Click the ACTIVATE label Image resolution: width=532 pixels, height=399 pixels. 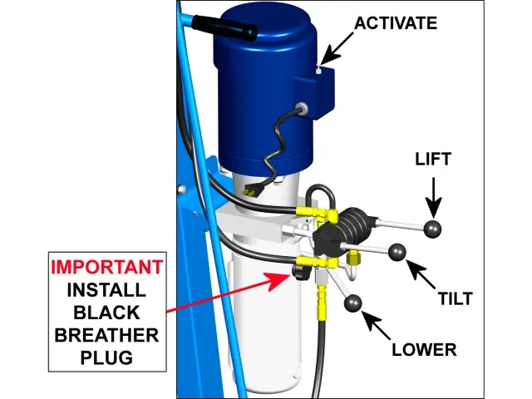(395, 22)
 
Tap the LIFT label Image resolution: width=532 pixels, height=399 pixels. (432, 159)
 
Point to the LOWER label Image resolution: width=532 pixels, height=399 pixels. (425, 349)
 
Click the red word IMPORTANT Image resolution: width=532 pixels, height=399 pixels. (106, 268)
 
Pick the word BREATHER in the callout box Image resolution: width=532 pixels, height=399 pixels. (106, 336)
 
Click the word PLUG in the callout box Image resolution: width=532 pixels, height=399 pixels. (106, 358)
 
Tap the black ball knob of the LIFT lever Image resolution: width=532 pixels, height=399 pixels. (433, 229)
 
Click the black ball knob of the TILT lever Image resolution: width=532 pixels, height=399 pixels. (397, 251)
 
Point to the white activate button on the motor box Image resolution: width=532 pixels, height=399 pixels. (318, 71)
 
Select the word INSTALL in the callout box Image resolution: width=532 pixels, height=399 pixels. (106, 290)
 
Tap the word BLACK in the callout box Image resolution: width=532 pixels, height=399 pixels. (106, 313)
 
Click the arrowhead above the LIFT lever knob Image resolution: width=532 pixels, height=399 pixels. (432, 211)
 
